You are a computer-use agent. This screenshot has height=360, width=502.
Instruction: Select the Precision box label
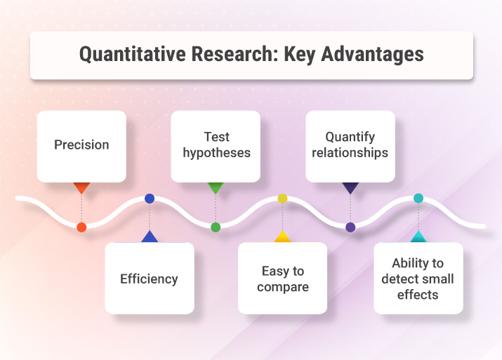click(x=81, y=145)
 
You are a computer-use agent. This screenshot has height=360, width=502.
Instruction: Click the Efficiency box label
click(x=149, y=279)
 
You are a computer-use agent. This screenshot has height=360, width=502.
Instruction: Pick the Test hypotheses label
click(x=216, y=145)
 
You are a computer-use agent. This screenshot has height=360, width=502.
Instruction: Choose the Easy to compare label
click(x=282, y=279)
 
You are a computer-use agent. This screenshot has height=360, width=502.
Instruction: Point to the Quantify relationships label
click(x=350, y=145)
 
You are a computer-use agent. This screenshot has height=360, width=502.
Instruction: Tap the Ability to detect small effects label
click(x=418, y=279)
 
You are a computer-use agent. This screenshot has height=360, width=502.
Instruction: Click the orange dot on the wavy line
click(x=81, y=227)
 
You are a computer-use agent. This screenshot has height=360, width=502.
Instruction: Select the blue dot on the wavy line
click(x=150, y=199)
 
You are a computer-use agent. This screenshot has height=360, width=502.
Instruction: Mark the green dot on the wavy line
click(x=216, y=227)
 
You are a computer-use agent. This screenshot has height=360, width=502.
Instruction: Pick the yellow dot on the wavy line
click(x=282, y=199)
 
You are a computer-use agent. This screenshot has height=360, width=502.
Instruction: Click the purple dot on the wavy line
click(x=350, y=227)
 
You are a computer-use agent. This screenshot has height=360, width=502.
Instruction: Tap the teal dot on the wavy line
click(x=418, y=199)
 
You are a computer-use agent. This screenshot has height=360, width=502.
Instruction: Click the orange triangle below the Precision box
click(x=81, y=187)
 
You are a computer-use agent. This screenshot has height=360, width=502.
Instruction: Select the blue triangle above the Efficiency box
click(x=150, y=237)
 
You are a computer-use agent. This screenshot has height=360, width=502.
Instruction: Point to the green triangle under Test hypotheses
click(x=216, y=187)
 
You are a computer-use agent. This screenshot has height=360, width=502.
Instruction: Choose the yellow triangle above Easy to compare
click(x=282, y=237)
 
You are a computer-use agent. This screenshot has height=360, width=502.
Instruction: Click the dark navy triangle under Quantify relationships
click(x=350, y=187)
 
